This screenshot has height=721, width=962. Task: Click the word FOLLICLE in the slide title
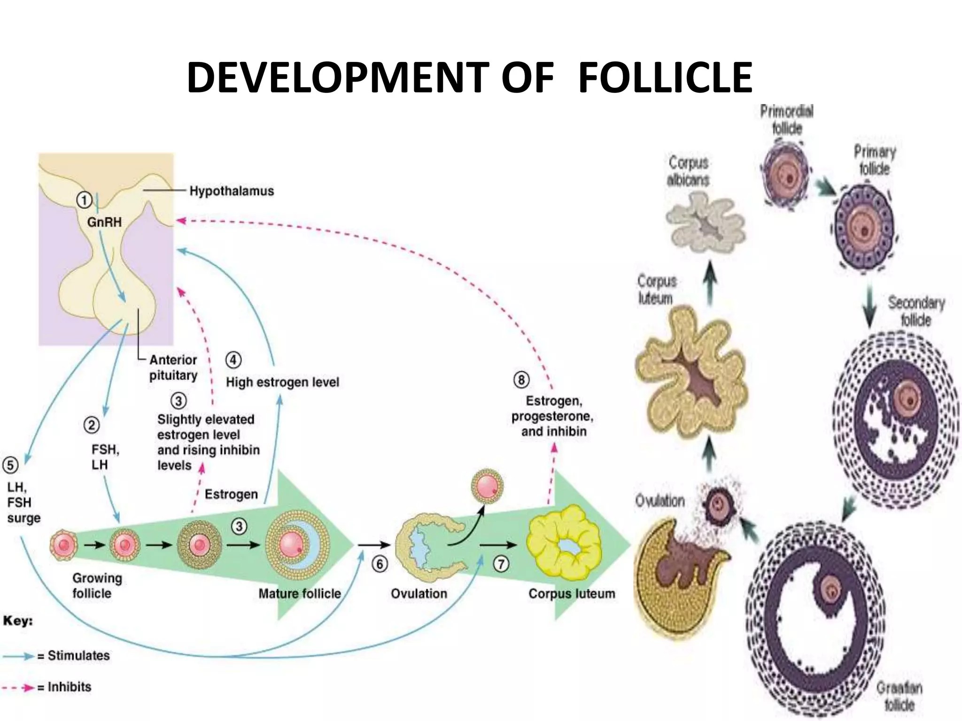click(x=665, y=77)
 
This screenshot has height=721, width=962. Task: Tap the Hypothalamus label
click(x=231, y=191)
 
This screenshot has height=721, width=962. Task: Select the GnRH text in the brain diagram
click(x=104, y=222)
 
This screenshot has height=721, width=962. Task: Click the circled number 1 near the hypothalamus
click(x=84, y=201)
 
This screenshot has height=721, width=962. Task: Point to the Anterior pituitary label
click(x=173, y=368)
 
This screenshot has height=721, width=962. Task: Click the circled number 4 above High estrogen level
click(x=233, y=360)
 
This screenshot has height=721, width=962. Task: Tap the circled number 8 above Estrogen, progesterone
click(x=521, y=379)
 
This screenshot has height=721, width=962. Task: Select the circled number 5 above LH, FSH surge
click(x=10, y=465)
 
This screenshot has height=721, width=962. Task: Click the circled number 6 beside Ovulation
click(x=380, y=564)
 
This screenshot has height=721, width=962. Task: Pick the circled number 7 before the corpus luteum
click(x=501, y=563)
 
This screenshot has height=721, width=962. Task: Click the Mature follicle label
click(x=300, y=594)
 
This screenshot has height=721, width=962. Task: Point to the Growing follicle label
click(x=97, y=585)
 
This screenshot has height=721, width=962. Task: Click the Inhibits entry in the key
click(x=69, y=687)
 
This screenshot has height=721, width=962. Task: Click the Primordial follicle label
click(x=786, y=119)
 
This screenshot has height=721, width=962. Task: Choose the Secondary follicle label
click(x=915, y=311)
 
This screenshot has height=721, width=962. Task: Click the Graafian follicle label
click(x=899, y=696)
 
